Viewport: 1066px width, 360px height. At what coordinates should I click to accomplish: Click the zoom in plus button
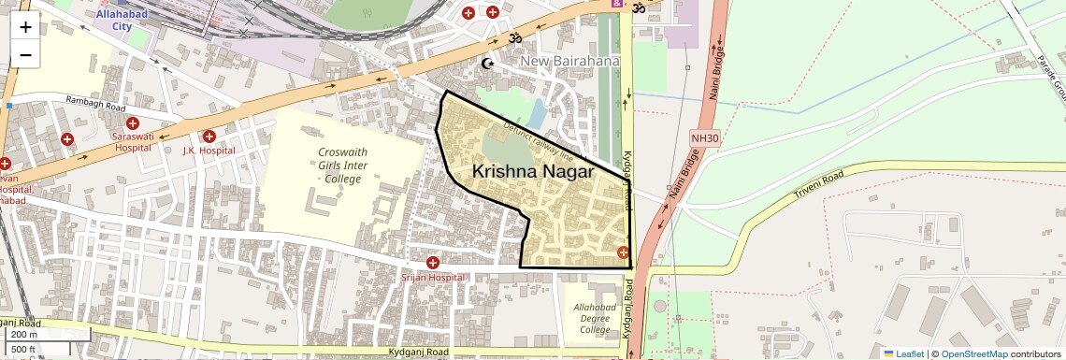click(25, 27)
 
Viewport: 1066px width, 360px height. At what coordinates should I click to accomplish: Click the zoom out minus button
click(25, 55)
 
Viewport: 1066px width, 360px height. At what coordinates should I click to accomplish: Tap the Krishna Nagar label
click(533, 172)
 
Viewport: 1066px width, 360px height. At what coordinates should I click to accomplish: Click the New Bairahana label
click(570, 62)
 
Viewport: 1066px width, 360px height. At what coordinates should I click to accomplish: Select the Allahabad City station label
click(122, 20)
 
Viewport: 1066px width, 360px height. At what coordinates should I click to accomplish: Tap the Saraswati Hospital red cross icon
click(133, 123)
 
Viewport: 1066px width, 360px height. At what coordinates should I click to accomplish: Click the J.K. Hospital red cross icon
click(209, 137)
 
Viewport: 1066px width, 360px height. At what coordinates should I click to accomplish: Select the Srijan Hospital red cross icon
click(432, 264)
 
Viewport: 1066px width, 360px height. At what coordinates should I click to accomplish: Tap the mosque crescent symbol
click(486, 64)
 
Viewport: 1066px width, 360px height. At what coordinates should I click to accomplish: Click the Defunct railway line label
click(538, 139)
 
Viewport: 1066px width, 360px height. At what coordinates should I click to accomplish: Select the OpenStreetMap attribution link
click(973, 354)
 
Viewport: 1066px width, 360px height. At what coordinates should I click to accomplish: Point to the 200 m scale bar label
click(24, 334)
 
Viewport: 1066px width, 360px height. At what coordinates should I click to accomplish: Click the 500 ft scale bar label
click(24, 350)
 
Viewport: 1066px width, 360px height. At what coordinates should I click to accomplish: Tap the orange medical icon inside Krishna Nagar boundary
click(623, 252)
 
